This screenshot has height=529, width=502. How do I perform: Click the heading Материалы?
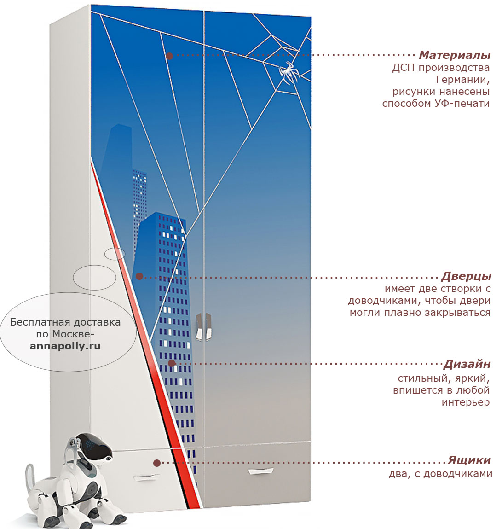coord(455,55)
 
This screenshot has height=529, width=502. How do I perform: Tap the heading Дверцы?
coord(466,276)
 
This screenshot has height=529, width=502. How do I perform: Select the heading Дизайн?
coord(467,364)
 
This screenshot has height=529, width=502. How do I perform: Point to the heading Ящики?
coord(469,460)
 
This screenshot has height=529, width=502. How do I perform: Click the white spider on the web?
coord(288,72)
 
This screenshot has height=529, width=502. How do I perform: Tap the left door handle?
coord(199,326)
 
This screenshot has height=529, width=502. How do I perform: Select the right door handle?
coord(208,326)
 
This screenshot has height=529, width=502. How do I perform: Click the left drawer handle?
coord(146,477)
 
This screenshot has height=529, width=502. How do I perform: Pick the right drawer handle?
coord(260,471)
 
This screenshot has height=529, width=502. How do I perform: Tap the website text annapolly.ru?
coord(65,346)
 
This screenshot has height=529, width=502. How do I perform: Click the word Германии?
coord(462,80)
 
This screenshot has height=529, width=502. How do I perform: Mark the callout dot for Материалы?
coord(170,56)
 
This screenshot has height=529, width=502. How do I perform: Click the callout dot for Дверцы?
coord(139,276)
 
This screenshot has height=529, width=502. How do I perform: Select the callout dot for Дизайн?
coord(172,363)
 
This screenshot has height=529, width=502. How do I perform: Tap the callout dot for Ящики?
coord(157,463)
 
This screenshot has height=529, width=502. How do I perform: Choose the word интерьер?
coord(466,402)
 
